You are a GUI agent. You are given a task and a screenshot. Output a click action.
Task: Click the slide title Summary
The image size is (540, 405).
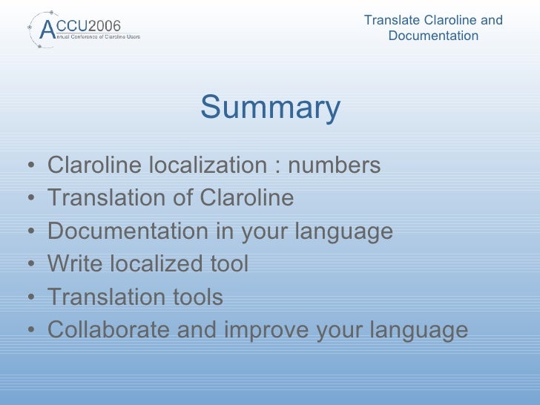[x=270, y=108]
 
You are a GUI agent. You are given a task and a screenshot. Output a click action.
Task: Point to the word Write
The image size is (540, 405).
[x=74, y=263]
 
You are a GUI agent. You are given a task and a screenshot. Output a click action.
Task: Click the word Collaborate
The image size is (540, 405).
[x=108, y=329]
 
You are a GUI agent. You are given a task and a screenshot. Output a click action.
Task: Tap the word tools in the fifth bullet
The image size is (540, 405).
[x=194, y=297]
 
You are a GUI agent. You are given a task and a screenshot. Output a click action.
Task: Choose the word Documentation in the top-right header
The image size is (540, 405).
[x=433, y=36]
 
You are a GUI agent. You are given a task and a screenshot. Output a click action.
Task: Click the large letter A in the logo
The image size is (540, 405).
[x=47, y=29]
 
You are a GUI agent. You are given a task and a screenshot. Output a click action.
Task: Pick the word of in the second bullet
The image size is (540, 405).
[x=184, y=198]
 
